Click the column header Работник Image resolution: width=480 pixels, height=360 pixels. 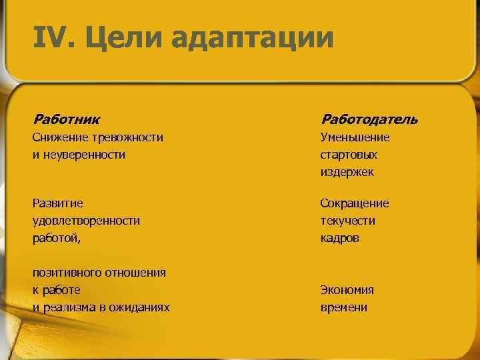click(x=67, y=119)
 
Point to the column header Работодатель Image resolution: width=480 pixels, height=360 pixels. click(x=369, y=119)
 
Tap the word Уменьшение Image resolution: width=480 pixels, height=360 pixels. click(x=355, y=137)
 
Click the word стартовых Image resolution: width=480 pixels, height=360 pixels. click(x=348, y=155)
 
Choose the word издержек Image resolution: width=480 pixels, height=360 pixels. click(x=347, y=172)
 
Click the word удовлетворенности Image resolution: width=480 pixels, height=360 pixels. click(x=86, y=221)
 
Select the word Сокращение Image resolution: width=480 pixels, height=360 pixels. click(x=354, y=203)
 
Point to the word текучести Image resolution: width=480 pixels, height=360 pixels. click(x=347, y=221)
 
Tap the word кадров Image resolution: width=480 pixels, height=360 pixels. click(x=339, y=238)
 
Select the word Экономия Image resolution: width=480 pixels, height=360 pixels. click(x=347, y=290)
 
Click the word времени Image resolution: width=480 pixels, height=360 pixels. click(x=343, y=307)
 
